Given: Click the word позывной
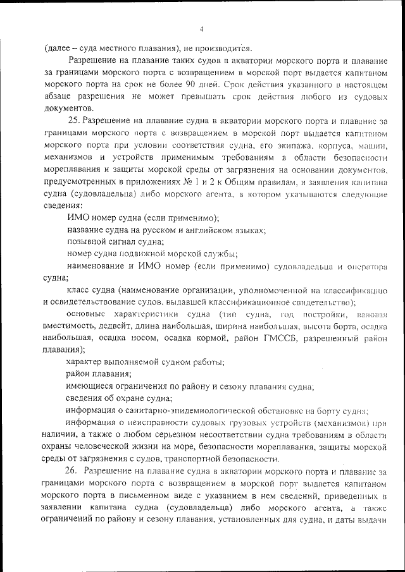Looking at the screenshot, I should point(84,241).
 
